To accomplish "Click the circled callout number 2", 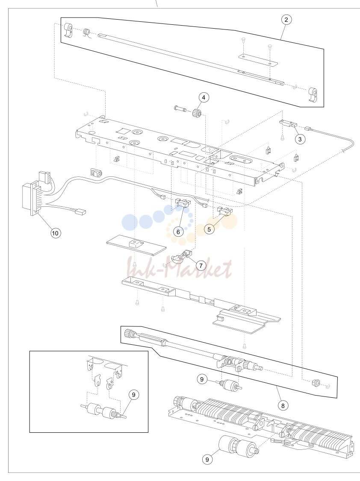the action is [x=286, y=20].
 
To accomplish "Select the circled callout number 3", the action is [x=300, y=139].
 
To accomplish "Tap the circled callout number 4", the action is [x=204, y=97].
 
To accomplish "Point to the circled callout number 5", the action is [x=209, y=229].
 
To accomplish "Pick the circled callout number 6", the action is [x=178, y=232].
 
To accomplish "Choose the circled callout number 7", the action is [x=201, y=265].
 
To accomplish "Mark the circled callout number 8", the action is [x=283, y=405].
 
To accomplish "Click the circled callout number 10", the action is [x=55, y=233].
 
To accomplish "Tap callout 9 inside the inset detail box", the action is [x=133, y=395].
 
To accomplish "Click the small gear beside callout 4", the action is [x=196, y=114].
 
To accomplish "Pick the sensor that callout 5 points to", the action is [x=224, y=211].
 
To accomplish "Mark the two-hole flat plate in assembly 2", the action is [x=258, y=60].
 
